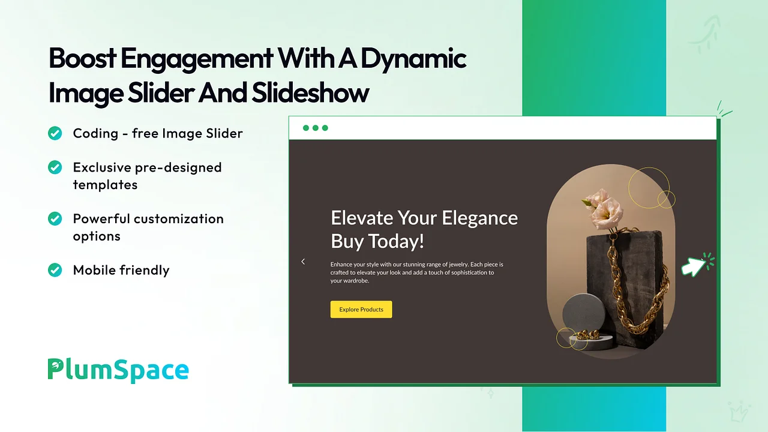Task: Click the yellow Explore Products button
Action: tap(361, 309)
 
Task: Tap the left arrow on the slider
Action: tap(303, 262)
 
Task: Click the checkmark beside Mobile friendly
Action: tap(55, 270)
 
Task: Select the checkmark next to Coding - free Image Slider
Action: tap(55, 133)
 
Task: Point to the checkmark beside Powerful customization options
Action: tap(55, 219)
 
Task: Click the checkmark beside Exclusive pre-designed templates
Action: tap(55, 167)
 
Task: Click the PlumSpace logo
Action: tap(118, 370)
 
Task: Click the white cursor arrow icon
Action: tap(693, 267)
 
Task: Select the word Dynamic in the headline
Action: tap(413, 59)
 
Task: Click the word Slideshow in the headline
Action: tap(310, 92)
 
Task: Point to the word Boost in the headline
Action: tap(82, 58)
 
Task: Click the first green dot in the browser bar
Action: tap(306, 128)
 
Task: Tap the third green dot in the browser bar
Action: tap(325, 128)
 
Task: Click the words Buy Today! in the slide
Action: tap(377, 241)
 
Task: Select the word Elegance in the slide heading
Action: tap(479, 218)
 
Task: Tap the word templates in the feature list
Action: tap(105, 185)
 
